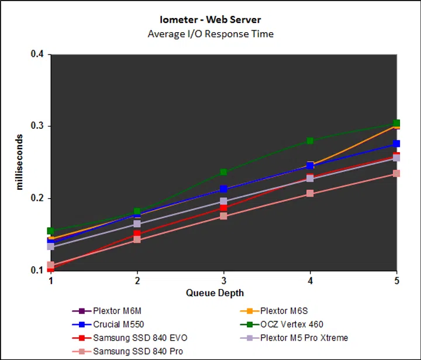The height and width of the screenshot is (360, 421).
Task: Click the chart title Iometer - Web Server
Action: pos(210,20)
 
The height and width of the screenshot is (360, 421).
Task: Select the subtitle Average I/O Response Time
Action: pos(210,34)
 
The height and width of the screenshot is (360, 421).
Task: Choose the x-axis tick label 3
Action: pos(223,281)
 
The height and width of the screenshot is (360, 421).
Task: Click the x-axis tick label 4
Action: pos(310,281)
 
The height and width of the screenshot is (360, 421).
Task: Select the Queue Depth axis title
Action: pos(215,293)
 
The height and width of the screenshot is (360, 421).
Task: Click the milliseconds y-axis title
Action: pos(19,162)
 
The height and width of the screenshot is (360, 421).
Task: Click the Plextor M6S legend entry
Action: pos(280,311)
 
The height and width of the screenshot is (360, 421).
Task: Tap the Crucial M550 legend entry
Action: pos(118,324)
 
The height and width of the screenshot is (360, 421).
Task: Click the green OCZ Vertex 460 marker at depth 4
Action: pos(310,140)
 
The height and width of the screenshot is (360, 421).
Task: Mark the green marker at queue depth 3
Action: pos(223,172)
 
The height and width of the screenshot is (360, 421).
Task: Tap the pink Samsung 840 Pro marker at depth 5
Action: pos(396,173)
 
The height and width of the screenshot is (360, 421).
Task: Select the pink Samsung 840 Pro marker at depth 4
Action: pos(310,193)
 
